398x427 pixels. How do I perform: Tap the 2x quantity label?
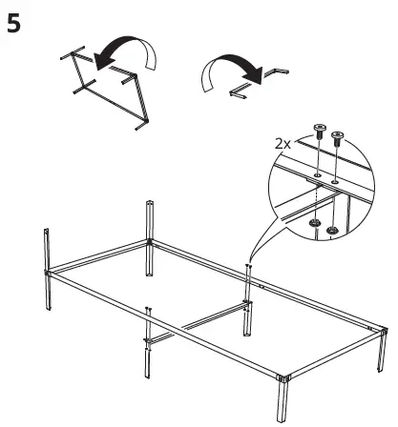click(x=283, y=143)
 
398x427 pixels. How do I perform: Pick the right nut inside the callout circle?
click(x=332, y=229)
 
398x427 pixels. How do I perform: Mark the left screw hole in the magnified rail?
click(x=313, y=174)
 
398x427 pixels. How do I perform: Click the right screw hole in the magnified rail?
click(x=334, y=179)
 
